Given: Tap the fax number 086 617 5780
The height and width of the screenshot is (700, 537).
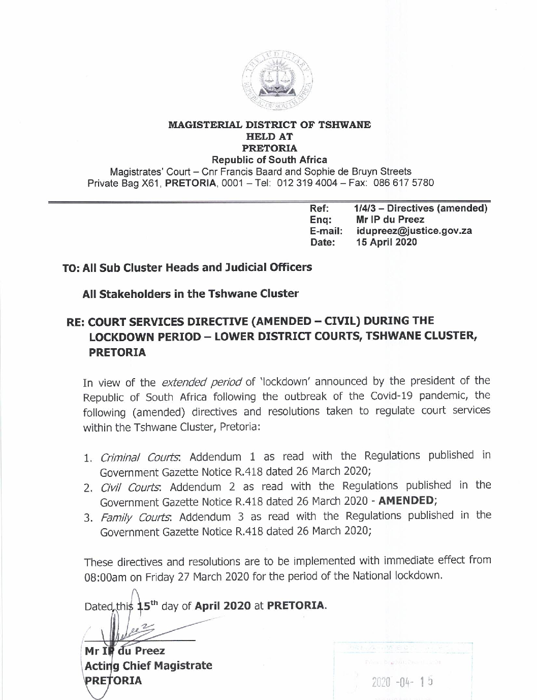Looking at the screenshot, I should (403, 183).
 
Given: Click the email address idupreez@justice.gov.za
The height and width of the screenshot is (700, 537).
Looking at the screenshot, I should (414, 231).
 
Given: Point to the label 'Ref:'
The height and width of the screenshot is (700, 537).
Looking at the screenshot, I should (320, 208).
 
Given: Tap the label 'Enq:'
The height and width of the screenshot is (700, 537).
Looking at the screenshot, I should (321, 220).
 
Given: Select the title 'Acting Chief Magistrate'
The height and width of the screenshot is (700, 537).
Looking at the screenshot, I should (148, 665).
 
